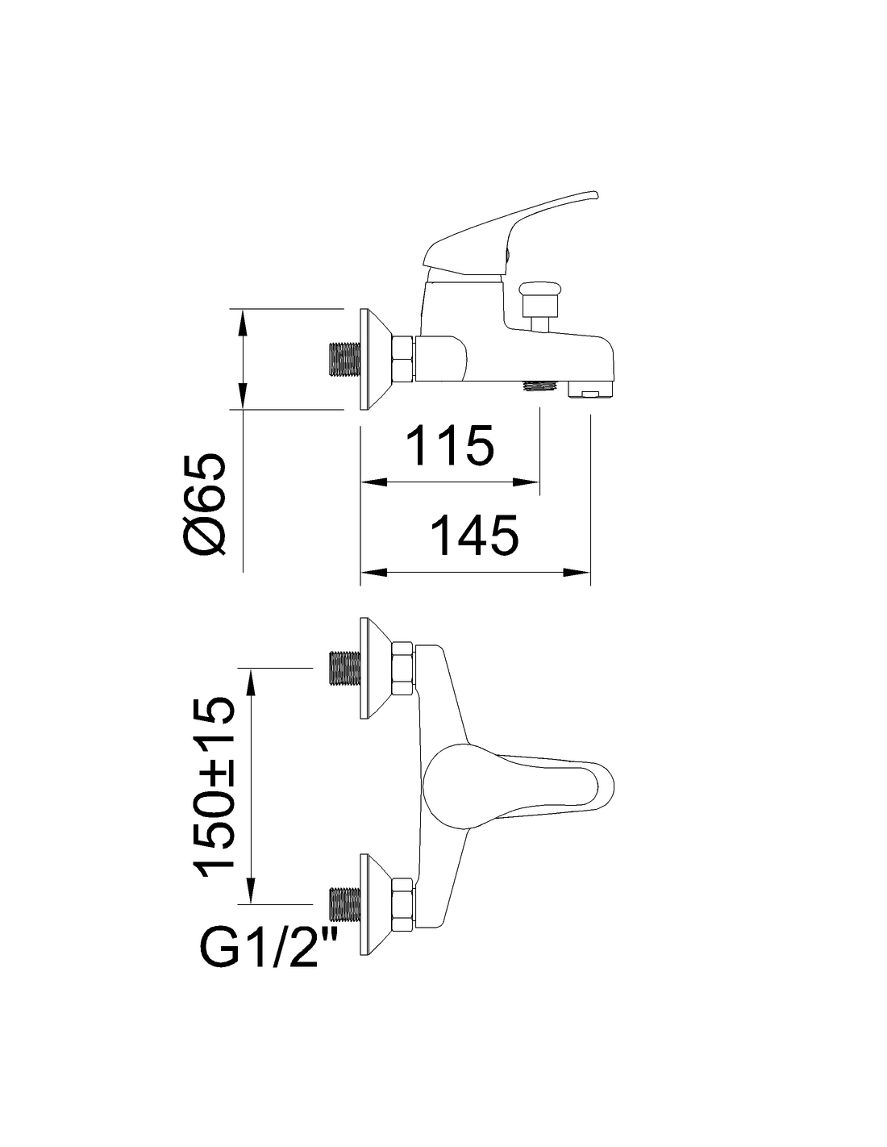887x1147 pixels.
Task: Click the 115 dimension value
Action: (452, 445)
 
